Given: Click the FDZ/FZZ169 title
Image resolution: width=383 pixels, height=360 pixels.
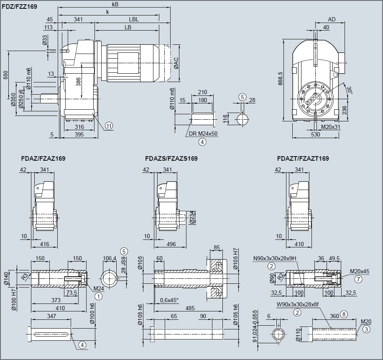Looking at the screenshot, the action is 19,7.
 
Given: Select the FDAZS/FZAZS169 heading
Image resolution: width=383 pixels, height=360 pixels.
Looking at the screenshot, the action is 171,159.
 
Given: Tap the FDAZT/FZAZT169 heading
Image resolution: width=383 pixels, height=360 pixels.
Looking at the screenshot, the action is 303,159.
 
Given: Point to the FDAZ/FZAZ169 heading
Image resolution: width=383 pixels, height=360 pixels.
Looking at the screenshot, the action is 43,159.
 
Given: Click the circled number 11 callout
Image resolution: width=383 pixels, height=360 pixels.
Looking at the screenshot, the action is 109,126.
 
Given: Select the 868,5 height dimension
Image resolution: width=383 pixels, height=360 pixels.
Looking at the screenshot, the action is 280,79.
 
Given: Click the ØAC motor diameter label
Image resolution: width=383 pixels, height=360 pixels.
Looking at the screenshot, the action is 176,63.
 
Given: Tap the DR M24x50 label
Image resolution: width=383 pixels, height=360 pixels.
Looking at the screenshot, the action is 203,134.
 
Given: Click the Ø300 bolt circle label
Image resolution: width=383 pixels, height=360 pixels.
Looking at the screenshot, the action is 311,99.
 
